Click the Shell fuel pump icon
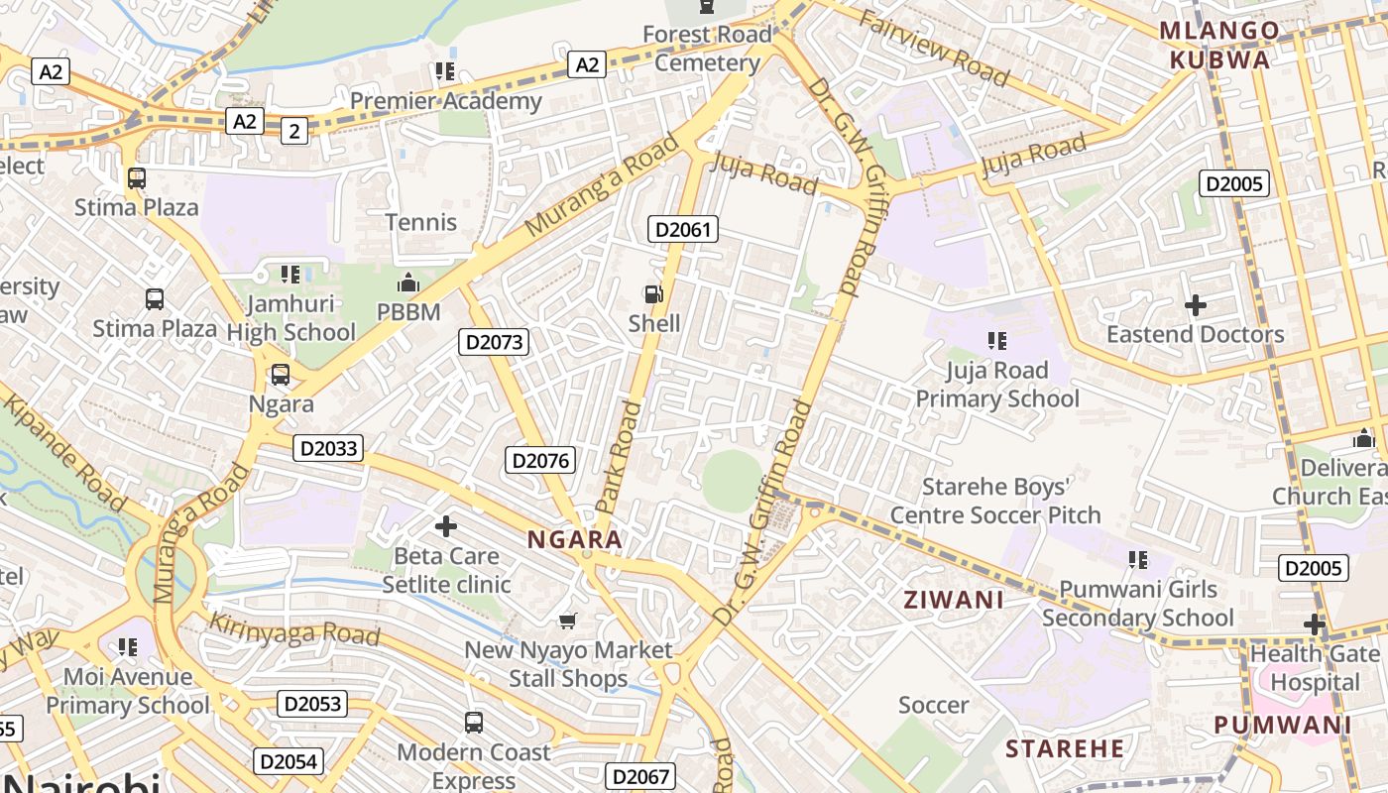click(x=653, y=294)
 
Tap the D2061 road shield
click(x=682, y=230)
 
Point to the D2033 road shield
click(x=328, y=448)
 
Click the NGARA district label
click(x=575, y=540)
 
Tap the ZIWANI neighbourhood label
click(x=953, y=600)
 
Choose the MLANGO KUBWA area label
click(x=1218, y=46)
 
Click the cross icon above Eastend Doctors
click(x=1196, y=305)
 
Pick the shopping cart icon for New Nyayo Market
click(x=567, y=622)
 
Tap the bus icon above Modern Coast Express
click(x=474, y=723)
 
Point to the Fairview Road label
click(x=933, y=49)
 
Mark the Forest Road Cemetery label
click(x=707, y=49)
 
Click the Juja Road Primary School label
click(x=996, y=385)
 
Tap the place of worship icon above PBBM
click(x=408, y=284)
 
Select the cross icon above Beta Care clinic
click(x=446, y=526)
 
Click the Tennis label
click(x=420, y=222)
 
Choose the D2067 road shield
click(x=640, y=776)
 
